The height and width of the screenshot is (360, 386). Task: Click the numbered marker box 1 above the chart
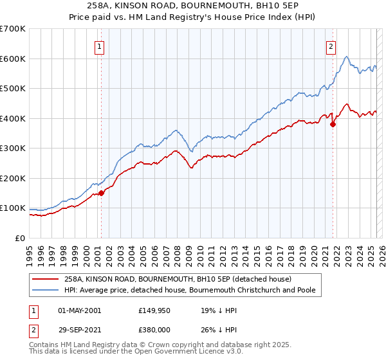click(x=101, y=46)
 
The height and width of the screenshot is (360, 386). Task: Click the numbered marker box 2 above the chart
click(x=331, y=46)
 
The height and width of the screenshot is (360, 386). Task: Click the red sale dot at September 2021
click(x=333, y=125)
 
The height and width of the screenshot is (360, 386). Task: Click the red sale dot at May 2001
click(x=101, y=193)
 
